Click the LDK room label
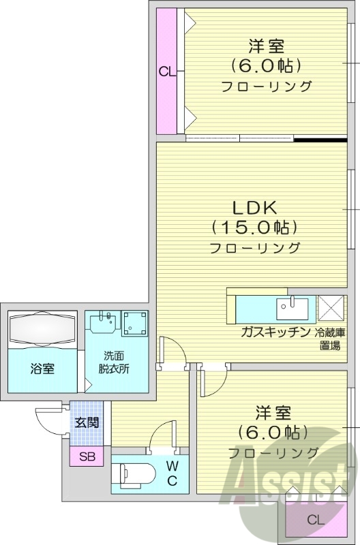[x=255, y=208]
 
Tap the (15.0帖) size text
[x=255, y=228]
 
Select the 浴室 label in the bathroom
[x=42, y=369]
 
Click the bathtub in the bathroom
[x=42, y=329]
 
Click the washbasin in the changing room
[x=104, y=322]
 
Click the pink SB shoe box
[x=87, y=456]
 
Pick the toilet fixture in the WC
[x=135, y=473]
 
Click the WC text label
[x=172, y=473]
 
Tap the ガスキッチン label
[x=274, y=332]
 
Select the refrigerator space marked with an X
[x=331, y=308]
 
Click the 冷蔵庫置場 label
[x=330, y=339]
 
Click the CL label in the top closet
[x=167, y=71]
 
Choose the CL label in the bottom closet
[x=315, y=520]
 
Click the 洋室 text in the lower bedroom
[x=273, y=413]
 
